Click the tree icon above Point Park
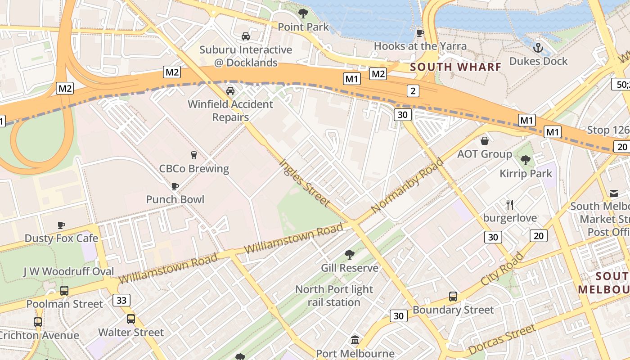point(303,13)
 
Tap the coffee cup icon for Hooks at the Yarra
point(420,33)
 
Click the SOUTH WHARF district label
point(456,67)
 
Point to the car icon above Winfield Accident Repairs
point(230,91)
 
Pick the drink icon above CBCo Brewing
point(194,155)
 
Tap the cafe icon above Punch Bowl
point(175,186)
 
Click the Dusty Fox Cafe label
point(61,238)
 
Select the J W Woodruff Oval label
point(68,271)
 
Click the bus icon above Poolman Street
point(64,291)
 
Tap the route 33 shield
point(121,300)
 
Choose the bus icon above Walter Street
point(131,319)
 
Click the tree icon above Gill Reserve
point(350,255)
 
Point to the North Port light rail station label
point(334,296)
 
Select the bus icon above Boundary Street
point(453,297)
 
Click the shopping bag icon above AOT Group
point(485,141)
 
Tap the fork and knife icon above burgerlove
point(510,205)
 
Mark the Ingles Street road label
point(305,183)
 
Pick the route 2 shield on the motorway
point(413,91)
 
